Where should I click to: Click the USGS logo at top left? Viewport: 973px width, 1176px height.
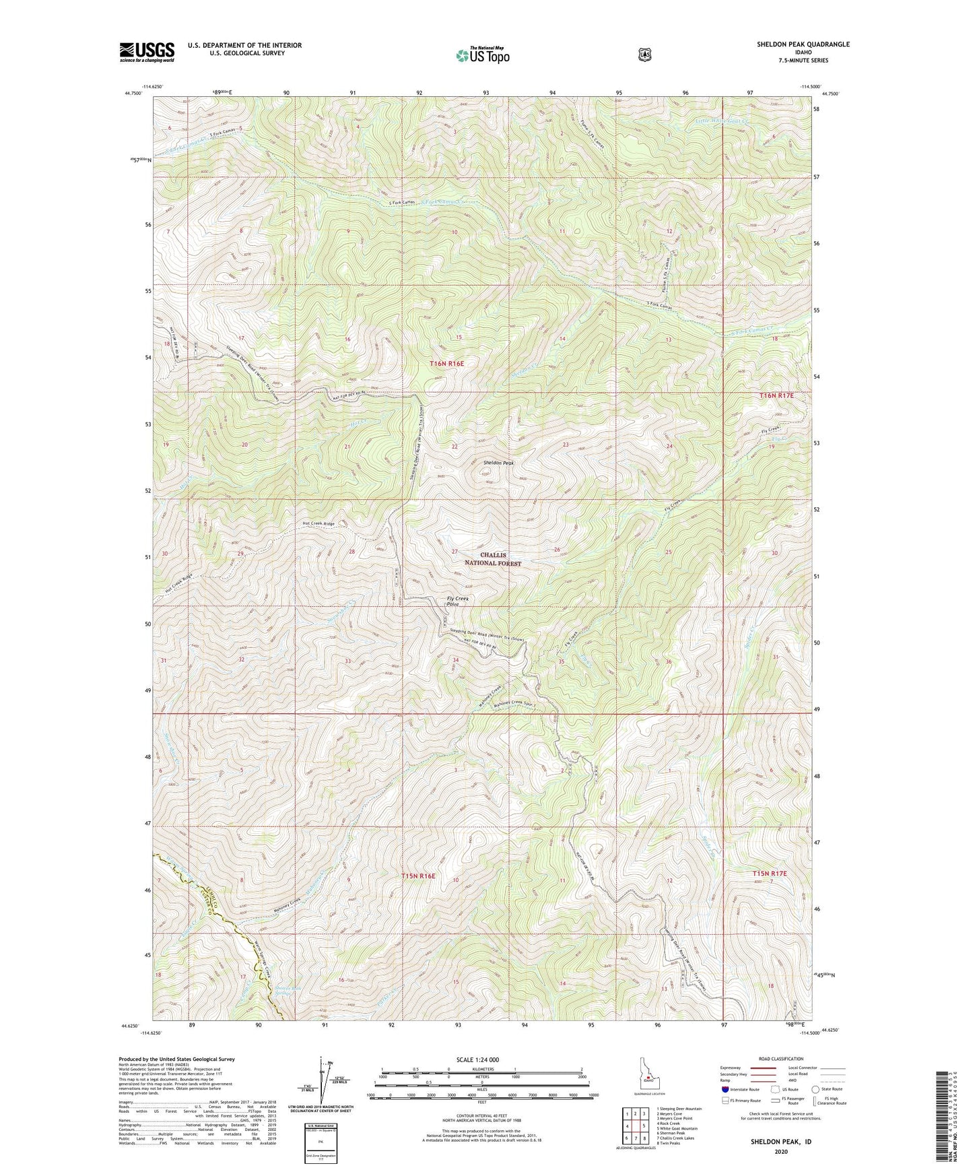(x=147, y=51)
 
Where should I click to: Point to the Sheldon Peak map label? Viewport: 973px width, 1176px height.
(x=499, y=463)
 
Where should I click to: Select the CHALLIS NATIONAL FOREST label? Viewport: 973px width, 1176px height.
(x=500, y=559)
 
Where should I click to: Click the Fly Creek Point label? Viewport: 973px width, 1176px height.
(x=457, y=601)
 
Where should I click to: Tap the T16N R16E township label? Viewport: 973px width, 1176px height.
(x=447, y=364)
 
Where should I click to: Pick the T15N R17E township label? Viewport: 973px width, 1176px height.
(x=769, y=874)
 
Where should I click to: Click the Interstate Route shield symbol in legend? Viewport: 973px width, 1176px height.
(x=725, y=1089)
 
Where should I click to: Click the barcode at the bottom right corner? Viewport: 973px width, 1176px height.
(x=947, y=1119)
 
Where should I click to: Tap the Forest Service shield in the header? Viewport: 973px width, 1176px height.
(x=644, y=54)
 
